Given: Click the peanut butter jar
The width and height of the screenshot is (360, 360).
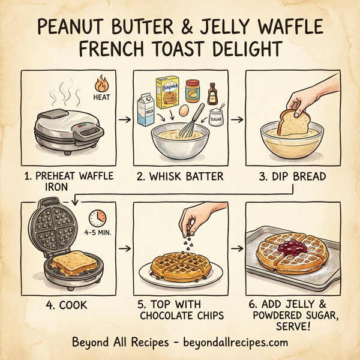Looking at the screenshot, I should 193,91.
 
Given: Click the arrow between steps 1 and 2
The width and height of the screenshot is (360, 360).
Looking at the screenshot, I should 124,120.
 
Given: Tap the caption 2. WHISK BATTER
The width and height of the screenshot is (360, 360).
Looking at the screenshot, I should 179,176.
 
